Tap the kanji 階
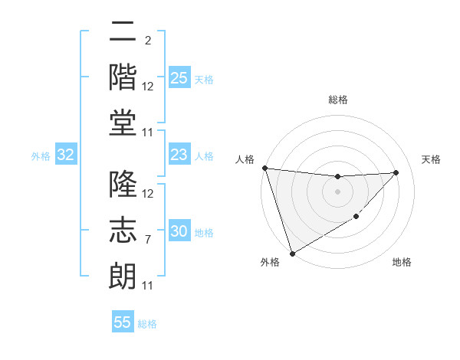point(123,79)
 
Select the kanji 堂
point(123,125)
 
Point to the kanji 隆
point(123,186)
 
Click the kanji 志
point(123,231)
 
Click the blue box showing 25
point(179,78)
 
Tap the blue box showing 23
point(179,155)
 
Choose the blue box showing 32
point(66,155)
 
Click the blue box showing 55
point(123,322)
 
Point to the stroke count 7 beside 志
point(147,240)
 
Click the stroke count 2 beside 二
point(147,40)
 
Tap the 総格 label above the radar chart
point(337,100)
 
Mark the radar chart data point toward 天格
point(396,172)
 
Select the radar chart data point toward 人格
point(264,168)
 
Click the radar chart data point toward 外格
point(292,253)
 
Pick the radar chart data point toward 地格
point(356,218)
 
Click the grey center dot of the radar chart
point(337,191)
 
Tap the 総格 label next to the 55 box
point(147,323)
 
